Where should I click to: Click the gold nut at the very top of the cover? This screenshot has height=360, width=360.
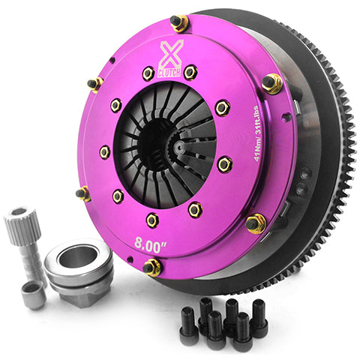(180, 22)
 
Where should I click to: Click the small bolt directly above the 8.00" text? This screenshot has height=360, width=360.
(151, 219)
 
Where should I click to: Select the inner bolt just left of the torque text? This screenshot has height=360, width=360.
(223, 163)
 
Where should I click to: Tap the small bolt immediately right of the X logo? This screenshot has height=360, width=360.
(190, 71)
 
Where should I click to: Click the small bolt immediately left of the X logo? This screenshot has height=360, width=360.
(148, 73)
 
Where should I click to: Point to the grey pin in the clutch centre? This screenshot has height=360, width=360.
(184, 148)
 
